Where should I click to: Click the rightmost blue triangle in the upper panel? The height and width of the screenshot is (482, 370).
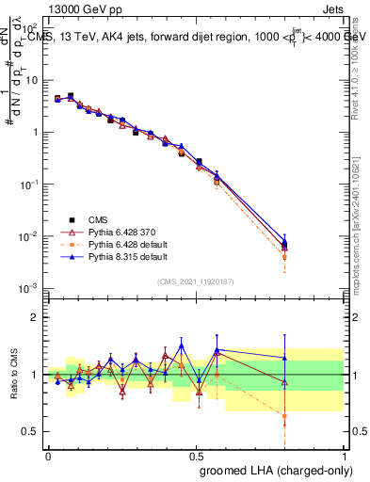coord(284,243)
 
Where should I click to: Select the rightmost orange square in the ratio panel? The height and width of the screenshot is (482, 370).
coord(284,415)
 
